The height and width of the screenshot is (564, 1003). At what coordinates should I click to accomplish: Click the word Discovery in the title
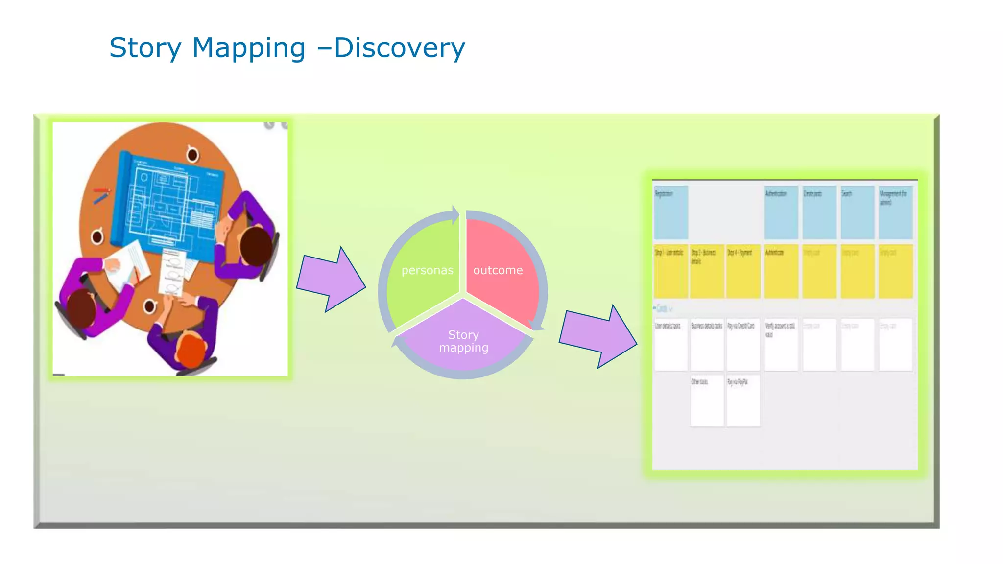(x=399, y=48)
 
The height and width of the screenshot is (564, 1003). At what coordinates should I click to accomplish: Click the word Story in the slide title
(x=145, y=48)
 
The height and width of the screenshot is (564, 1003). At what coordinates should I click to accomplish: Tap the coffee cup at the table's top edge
(x=192, y=154)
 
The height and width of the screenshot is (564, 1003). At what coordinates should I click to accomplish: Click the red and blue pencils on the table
(x=101, y=194)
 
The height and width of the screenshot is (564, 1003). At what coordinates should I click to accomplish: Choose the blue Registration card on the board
(x=671, y=212)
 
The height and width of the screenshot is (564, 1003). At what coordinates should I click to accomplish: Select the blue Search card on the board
(x=858, y=212)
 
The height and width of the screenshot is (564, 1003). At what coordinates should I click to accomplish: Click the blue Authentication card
(x=781, y=212)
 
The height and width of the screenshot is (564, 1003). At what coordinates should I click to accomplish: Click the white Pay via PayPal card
(x=743, y=400)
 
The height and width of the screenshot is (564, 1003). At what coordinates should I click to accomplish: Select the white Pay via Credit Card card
(x=743, y=344)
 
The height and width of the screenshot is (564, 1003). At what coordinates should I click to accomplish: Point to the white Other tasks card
(x=707, y=400)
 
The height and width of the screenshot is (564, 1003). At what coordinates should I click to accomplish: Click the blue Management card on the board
(x=895, y=212)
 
